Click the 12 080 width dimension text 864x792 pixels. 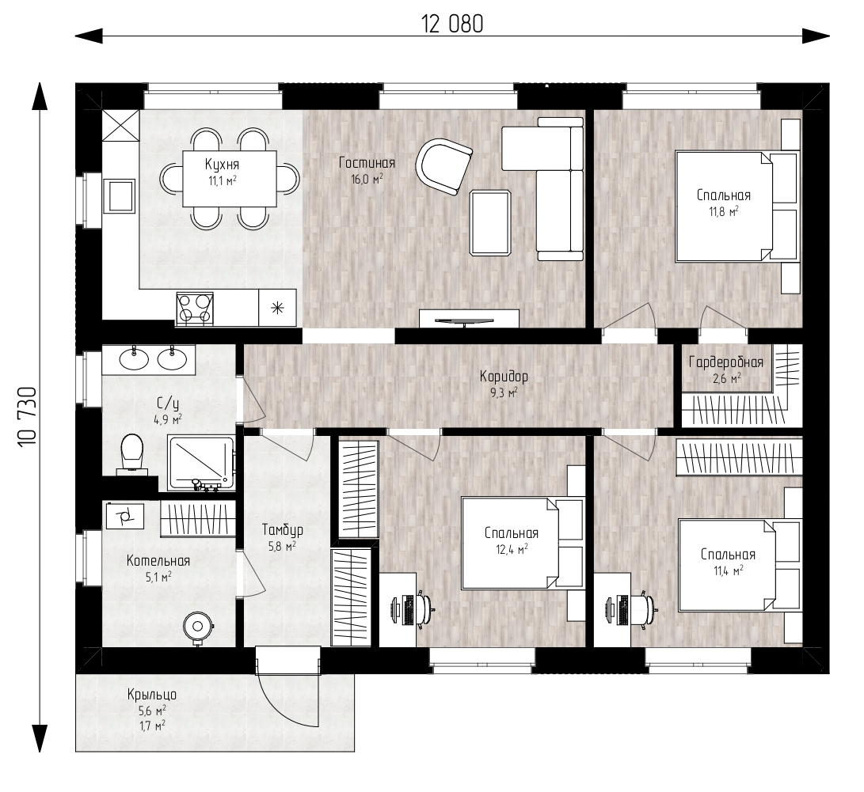point(452,25)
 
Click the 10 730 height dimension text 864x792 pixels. point(28,417)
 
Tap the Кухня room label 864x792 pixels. point(222,164)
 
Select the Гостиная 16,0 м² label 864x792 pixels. point(367,171)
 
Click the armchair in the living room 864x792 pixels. point(443,166)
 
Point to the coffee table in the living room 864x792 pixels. point(490,223)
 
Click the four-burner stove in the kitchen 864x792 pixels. point(195,309)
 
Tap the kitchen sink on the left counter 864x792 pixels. point(120,195)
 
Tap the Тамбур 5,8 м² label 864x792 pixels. point(282,538)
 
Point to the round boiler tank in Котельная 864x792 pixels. point(198,627)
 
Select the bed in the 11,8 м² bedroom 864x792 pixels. point(736,206)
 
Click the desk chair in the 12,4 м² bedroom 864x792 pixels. point(424,608)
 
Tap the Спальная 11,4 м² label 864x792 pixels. point(728,562)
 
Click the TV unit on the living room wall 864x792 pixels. point(469,319)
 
